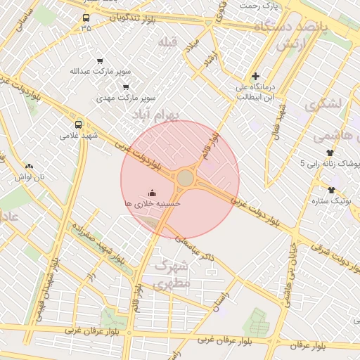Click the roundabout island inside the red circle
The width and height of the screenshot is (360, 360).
[x=185, y=179]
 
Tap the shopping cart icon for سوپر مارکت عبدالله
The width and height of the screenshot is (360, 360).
[x=99, y=61]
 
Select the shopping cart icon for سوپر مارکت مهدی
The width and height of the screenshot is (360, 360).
[x=126, y=87]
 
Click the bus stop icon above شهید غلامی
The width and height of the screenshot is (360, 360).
[x=78, y=124]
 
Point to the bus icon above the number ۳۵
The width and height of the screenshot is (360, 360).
[x=86, y=18]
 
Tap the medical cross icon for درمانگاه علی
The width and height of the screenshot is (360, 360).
[x=255, y=76]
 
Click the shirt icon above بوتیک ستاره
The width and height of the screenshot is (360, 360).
[x=331, y=190]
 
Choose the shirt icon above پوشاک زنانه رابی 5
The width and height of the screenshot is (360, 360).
[x=330, y=152]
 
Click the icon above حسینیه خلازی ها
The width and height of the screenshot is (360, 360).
[x=153, y=192]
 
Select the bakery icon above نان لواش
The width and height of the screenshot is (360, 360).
[x=29, y=166]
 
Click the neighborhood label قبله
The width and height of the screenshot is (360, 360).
[x=167, y=42]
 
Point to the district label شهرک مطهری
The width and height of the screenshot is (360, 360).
[x=171, y=276]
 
